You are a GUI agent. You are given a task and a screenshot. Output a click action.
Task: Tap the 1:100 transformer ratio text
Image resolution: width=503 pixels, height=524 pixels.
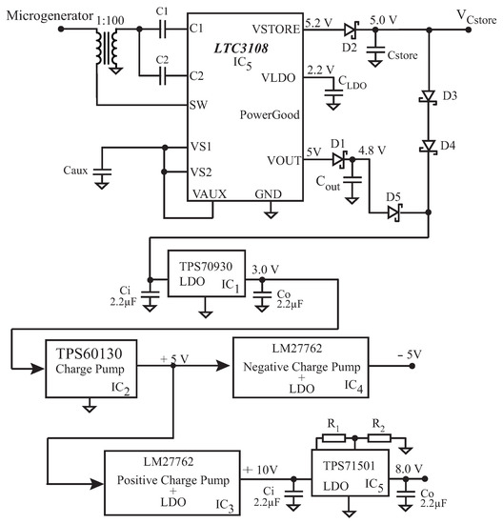[108, 19]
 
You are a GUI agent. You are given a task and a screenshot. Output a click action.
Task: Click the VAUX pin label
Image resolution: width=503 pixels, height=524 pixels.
[209, 193]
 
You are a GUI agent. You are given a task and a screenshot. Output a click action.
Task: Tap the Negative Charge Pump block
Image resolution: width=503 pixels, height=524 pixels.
[298, 370]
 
